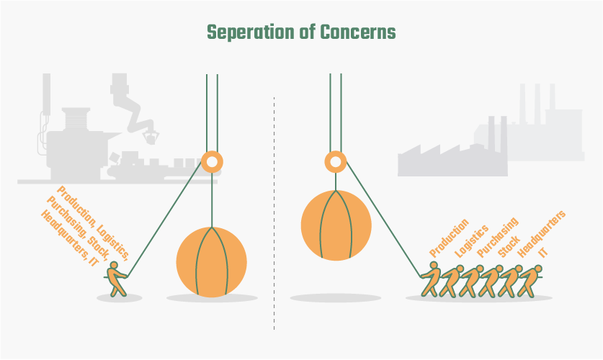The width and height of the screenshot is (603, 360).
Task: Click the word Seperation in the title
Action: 251,32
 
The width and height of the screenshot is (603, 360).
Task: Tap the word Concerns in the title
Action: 357,32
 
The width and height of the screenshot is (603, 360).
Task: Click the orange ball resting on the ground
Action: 212,262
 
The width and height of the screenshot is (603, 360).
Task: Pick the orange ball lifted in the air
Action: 336,225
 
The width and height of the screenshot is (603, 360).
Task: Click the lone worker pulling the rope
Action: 116,279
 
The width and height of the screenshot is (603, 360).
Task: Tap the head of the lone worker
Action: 114,265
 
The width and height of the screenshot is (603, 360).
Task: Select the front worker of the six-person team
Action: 430,279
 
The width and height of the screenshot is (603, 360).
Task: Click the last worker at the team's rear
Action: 530,281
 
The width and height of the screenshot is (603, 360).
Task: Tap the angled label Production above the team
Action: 449,238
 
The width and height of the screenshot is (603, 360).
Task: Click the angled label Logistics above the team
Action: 471,241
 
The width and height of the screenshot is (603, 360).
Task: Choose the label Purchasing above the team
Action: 498,238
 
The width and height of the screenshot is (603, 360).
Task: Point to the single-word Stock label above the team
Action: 509,247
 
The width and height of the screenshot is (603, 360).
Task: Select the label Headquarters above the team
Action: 541,234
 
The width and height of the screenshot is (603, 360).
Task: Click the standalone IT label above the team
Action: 543,252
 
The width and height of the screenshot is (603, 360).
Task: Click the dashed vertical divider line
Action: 274,213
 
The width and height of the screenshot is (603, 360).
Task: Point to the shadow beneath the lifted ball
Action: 335,298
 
